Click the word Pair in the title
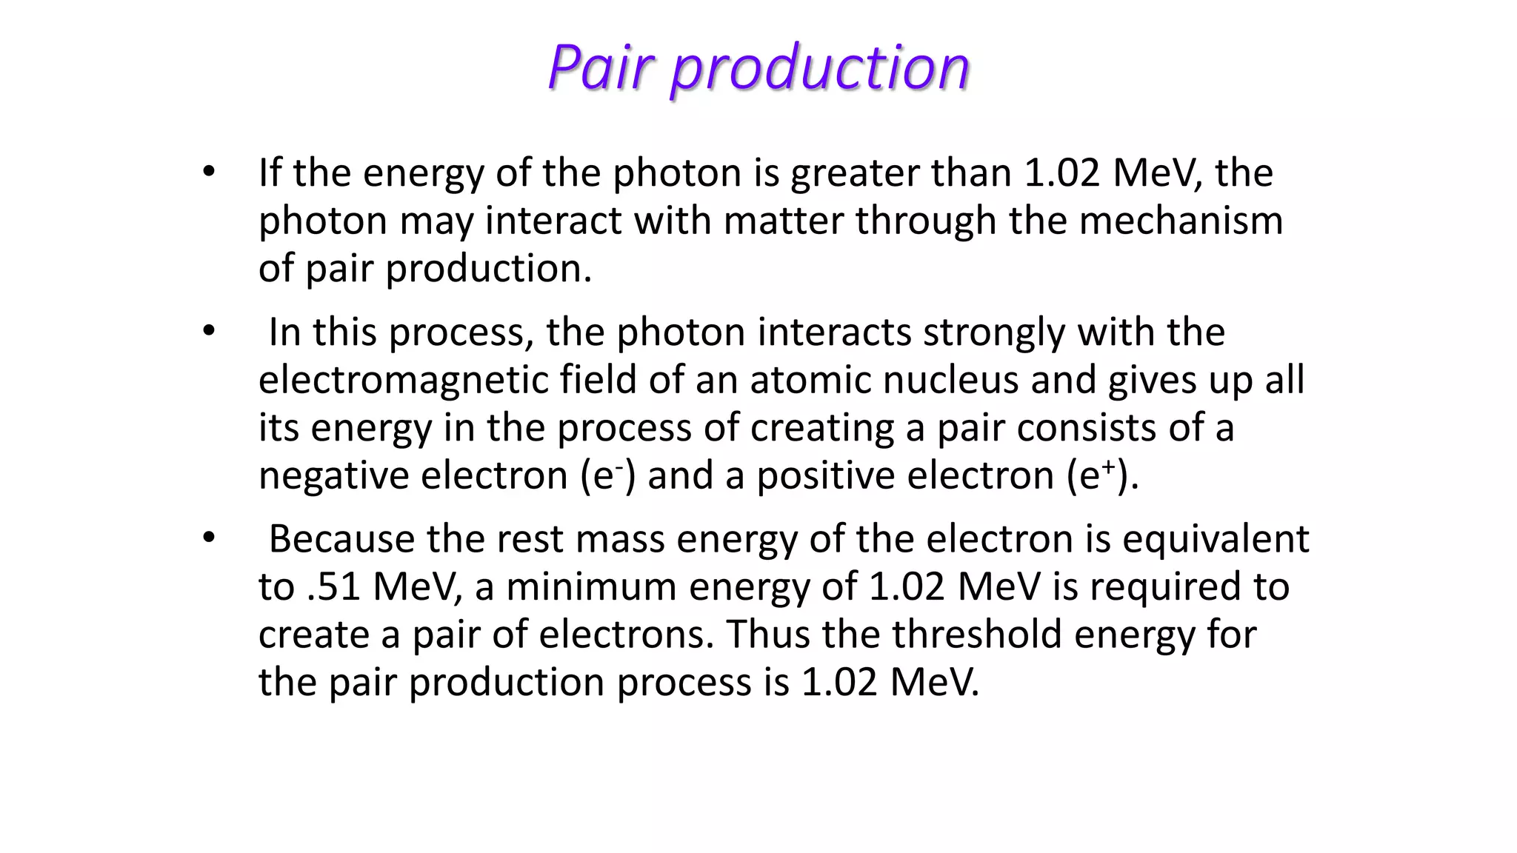pos(601,67)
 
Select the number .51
pos(333,586)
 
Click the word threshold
pos(976,635)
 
